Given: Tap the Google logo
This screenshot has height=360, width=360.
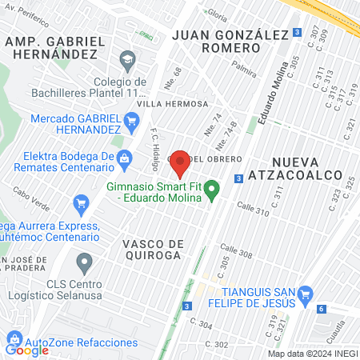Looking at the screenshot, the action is click(x=27, y=350).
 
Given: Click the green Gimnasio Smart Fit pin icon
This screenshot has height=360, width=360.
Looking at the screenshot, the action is click(x=212, y=190).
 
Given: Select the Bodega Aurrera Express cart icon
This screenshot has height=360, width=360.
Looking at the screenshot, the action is click(x=80, y=205).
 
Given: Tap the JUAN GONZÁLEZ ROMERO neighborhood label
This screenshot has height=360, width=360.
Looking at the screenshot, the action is click(x=228, y=41).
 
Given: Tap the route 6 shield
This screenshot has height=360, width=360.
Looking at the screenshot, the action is click(x=321, y=309).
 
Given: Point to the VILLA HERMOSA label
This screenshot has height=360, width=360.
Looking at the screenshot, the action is click(x=172, y=104).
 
